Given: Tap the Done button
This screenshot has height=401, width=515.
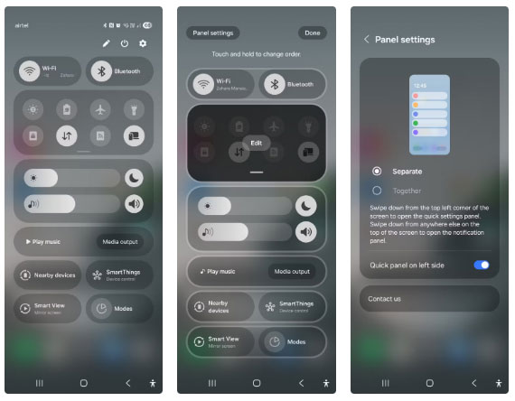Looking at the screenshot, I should (x=312, y=33).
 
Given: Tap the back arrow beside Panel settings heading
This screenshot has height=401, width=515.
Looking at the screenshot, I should (x=366, y=40).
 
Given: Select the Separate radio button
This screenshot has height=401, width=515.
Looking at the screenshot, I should (x=377, y=171).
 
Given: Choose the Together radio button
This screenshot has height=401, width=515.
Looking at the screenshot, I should (x=377, y=191).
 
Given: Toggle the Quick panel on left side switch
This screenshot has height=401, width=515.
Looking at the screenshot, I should (x=482, y=265).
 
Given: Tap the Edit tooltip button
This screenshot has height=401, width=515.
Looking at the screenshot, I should (x=257, y=143).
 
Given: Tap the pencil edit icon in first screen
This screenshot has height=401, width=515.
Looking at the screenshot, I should (x=107, y=43).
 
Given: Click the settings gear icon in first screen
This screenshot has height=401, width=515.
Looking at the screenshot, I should (x=142, y=43).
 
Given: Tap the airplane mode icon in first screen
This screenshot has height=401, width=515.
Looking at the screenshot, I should (x=99, y=109).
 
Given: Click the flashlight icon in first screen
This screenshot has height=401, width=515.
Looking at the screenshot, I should (x=134, y=109).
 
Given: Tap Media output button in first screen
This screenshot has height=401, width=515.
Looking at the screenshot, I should (x=119, y=242).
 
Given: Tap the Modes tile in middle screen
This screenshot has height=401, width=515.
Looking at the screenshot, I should (x=291, y=342).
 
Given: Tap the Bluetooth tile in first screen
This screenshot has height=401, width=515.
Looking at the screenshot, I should (x=119, y=70).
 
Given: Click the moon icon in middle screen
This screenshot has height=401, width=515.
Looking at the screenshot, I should (x=307, y=205).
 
